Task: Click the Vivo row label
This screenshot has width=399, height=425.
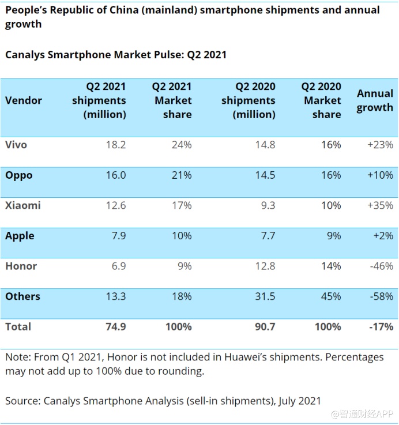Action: (x=16, y=145)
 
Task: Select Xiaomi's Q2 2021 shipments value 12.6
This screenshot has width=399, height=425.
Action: (x=115, y=205)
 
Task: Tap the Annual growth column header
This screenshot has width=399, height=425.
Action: (x=375, y=100)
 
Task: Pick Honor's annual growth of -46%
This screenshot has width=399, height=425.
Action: (x=381, y=266)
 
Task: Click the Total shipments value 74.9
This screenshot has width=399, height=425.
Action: (x=115, y=327)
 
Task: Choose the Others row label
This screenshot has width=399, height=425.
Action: (x=22, y=296)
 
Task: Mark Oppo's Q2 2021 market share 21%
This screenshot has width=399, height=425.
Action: (x=182, y=175)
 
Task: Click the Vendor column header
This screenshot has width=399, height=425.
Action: (x=24, y=100)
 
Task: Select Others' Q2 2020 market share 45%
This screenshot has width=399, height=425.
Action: (x=331, y=296)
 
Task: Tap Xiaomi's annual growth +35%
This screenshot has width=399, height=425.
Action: (x=381, y=205)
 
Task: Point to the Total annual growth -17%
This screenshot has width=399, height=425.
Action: (x=381, y=327)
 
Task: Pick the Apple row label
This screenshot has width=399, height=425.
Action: (x=20, y=236)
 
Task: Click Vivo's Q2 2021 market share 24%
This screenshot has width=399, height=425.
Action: (x=182, y=145)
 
